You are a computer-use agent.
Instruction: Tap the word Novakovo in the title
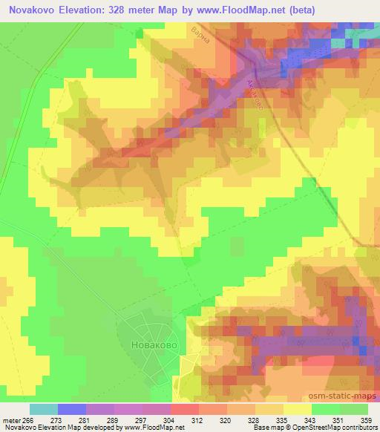[x=30, y=11]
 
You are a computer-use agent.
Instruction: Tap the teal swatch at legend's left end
[x=44, y=408]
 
